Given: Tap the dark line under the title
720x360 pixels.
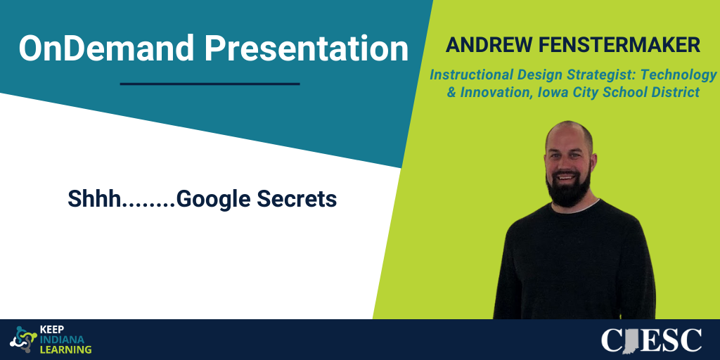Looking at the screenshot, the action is [210, 84].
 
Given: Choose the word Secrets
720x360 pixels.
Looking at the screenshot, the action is [297, 198].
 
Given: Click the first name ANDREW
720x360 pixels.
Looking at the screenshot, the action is [487, 45].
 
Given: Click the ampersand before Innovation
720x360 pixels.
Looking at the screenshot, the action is [452, 92].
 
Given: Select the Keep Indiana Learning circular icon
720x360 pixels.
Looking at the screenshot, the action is [23, 340].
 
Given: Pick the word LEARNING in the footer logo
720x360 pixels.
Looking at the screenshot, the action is [66, 349].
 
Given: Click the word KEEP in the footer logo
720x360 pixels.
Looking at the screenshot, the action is [51, 330].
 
